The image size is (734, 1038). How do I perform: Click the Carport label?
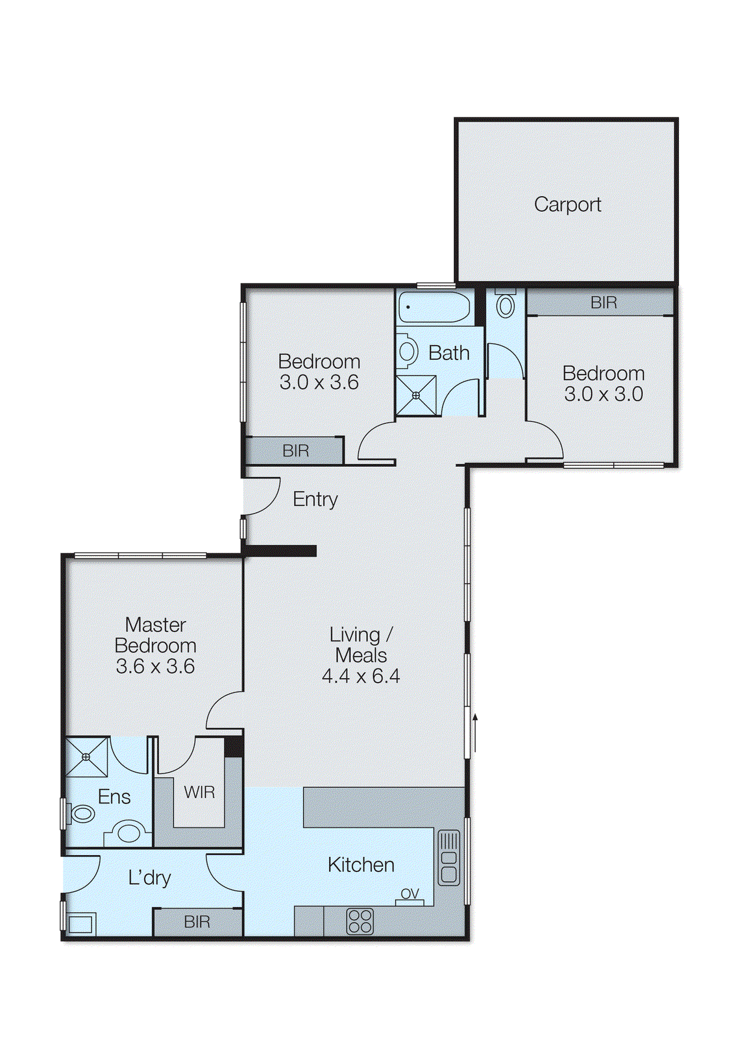pos(567,204)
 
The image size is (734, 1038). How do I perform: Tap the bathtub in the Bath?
pos(434,307)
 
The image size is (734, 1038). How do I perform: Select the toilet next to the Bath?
pos(506,304)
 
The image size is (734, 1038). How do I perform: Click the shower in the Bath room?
pos(416,395)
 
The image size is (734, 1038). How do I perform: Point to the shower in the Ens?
pos(86,756)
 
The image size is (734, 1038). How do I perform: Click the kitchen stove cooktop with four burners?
pos(360,921)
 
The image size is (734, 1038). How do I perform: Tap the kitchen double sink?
pos(448,858)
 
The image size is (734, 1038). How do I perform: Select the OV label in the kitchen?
pos(410,893)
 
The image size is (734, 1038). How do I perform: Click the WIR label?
pos(199,792)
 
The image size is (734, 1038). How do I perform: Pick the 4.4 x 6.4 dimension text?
pos(361,676)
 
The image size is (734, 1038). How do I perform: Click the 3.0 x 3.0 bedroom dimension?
pos(603,394)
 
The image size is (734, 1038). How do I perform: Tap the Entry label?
pos(315,499)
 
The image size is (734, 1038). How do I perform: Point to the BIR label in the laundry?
pos(197,922)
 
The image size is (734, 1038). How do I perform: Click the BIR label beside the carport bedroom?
pos(604,302)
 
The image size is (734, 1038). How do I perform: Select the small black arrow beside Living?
pos(475,732)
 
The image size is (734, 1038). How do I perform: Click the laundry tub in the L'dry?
pos(80,924)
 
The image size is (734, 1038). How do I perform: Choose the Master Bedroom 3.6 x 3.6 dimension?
pos(155,666)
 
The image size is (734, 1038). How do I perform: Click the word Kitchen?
pos(361,865)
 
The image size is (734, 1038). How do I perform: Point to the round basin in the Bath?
pos(407,351)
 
